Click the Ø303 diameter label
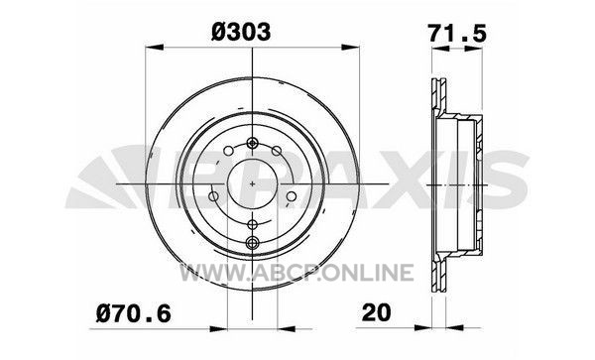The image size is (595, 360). [241, 32]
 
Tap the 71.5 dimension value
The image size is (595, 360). [457, 33]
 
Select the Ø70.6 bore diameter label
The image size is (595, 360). [134, 313]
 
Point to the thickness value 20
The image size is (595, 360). [376, 313]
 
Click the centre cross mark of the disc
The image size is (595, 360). [252, 183]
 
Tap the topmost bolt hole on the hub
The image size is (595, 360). [252, 144]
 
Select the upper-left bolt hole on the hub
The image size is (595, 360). [228, 151]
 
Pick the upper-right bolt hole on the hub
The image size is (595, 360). [277, 151]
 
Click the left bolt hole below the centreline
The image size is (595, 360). [213, 196]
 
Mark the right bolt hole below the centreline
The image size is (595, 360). [291, 196]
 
